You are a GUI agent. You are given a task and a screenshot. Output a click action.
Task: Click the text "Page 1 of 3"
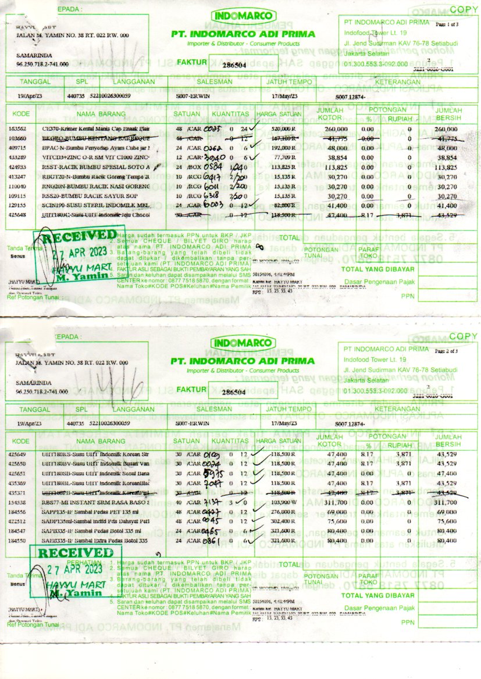446,24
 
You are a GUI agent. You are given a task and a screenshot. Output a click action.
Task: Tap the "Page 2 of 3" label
446,351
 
